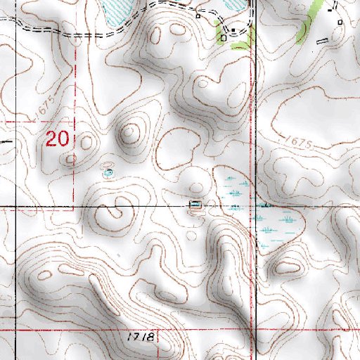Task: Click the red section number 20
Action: (58, 138)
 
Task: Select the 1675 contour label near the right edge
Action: (298, 143)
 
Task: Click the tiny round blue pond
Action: (108, 172)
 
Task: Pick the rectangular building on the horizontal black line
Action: (195, 205)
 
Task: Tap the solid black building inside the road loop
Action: (232, 30)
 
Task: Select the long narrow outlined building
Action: (323, 41)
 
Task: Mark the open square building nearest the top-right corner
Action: (340, 22)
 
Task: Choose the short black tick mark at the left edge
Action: (6, 141)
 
